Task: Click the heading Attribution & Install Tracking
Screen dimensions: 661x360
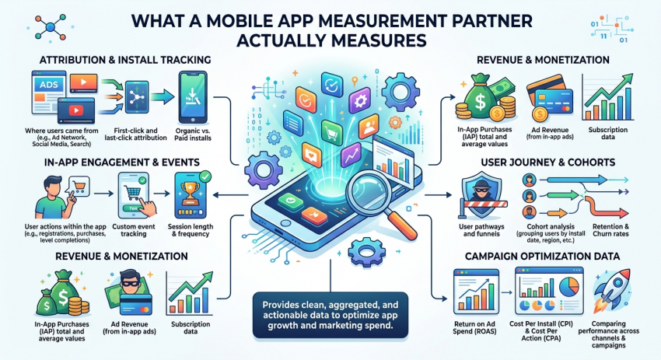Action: click(x=125, y=60)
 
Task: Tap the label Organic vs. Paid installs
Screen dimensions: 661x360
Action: click(x=193, y=134)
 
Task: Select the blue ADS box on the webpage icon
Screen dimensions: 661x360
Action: click(x=49, y=84)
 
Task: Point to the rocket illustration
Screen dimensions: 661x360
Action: click(x=611, y=290)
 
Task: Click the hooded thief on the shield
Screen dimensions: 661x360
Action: click(x=482, y=192)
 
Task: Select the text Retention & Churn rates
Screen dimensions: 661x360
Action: click(x=610, y=230)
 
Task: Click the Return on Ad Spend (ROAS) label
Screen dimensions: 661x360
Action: click(x=474, y=327)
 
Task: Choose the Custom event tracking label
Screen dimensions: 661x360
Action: click(x=134, y=230)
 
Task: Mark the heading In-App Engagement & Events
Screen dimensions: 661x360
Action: click(x=122, y=163)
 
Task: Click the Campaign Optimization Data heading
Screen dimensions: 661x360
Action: click(x=542, y=257)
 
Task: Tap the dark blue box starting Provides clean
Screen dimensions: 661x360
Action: click(x=330, y=315)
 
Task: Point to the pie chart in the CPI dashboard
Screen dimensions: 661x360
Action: click(x=568, y=287)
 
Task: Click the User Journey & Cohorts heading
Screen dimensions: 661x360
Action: click(x=547, y=163)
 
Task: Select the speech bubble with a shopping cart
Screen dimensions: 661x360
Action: click(x=78, y=187)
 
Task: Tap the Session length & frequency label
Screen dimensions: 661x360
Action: click(x=190, y=230)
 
